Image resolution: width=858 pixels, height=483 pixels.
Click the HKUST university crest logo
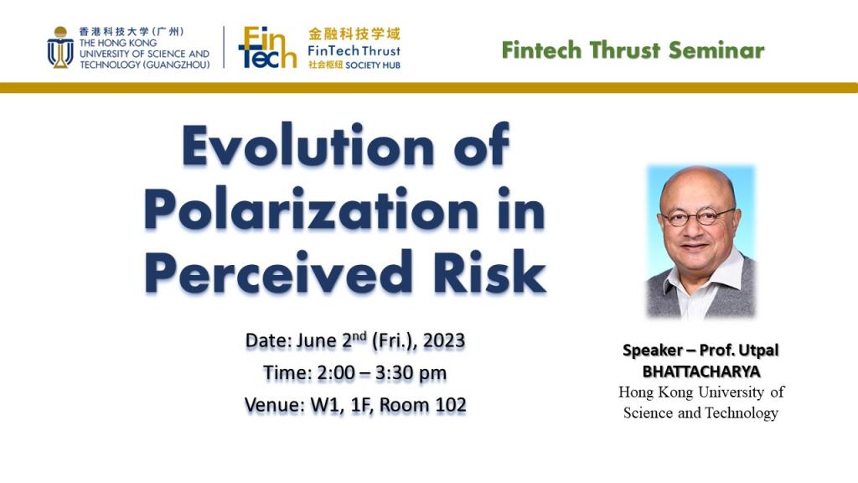[60, 48]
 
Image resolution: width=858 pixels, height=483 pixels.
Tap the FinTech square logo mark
[267, 48]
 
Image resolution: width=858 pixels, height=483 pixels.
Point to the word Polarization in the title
[312, 210]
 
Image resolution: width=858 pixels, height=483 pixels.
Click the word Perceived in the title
[278, 273]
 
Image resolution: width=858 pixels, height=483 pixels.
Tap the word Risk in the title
[489, 273]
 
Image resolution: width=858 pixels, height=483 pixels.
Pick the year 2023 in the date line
[444, 340]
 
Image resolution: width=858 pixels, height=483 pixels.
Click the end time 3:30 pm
[411, 373]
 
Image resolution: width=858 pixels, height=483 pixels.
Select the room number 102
[451, 405]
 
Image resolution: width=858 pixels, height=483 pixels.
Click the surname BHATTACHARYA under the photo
[701, 371]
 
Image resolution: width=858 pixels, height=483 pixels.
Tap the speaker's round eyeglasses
[698, 217]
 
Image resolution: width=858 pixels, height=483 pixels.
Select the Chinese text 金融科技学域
[354, 34]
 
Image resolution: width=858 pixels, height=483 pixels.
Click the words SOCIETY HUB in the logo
[373, 65]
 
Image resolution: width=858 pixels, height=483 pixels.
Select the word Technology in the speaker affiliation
[742, 413]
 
